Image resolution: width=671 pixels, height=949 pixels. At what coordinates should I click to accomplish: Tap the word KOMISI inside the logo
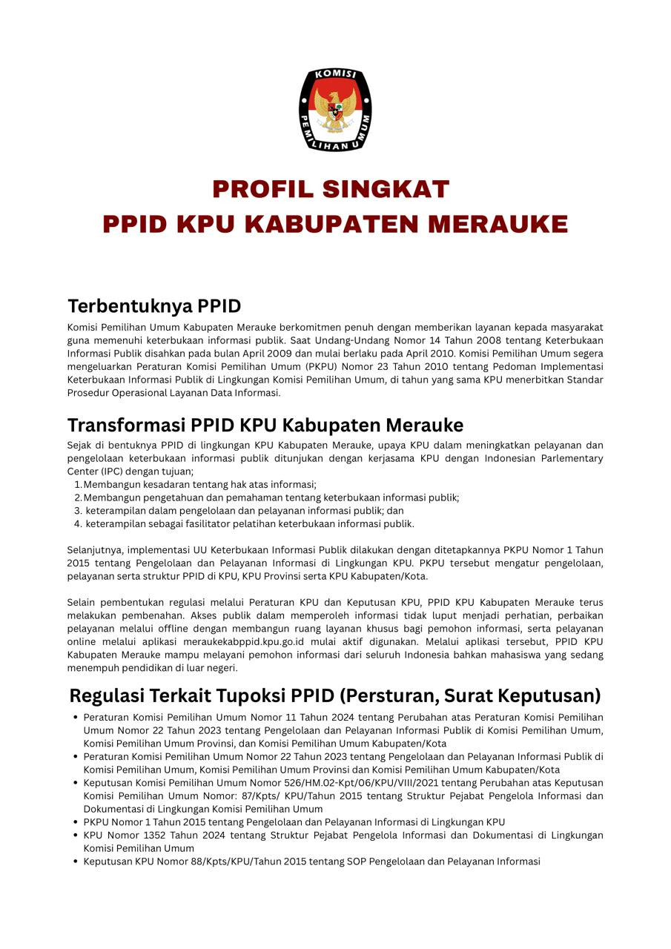[335, 75]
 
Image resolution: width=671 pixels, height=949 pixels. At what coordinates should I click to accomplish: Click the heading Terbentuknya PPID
[154, 306]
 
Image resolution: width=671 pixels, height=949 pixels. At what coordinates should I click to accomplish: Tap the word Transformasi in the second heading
[126, 425]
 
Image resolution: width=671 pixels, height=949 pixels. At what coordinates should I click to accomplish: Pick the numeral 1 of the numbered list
[77, 485]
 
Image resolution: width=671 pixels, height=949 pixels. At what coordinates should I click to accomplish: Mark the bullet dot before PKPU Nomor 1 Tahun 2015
[76, 822]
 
